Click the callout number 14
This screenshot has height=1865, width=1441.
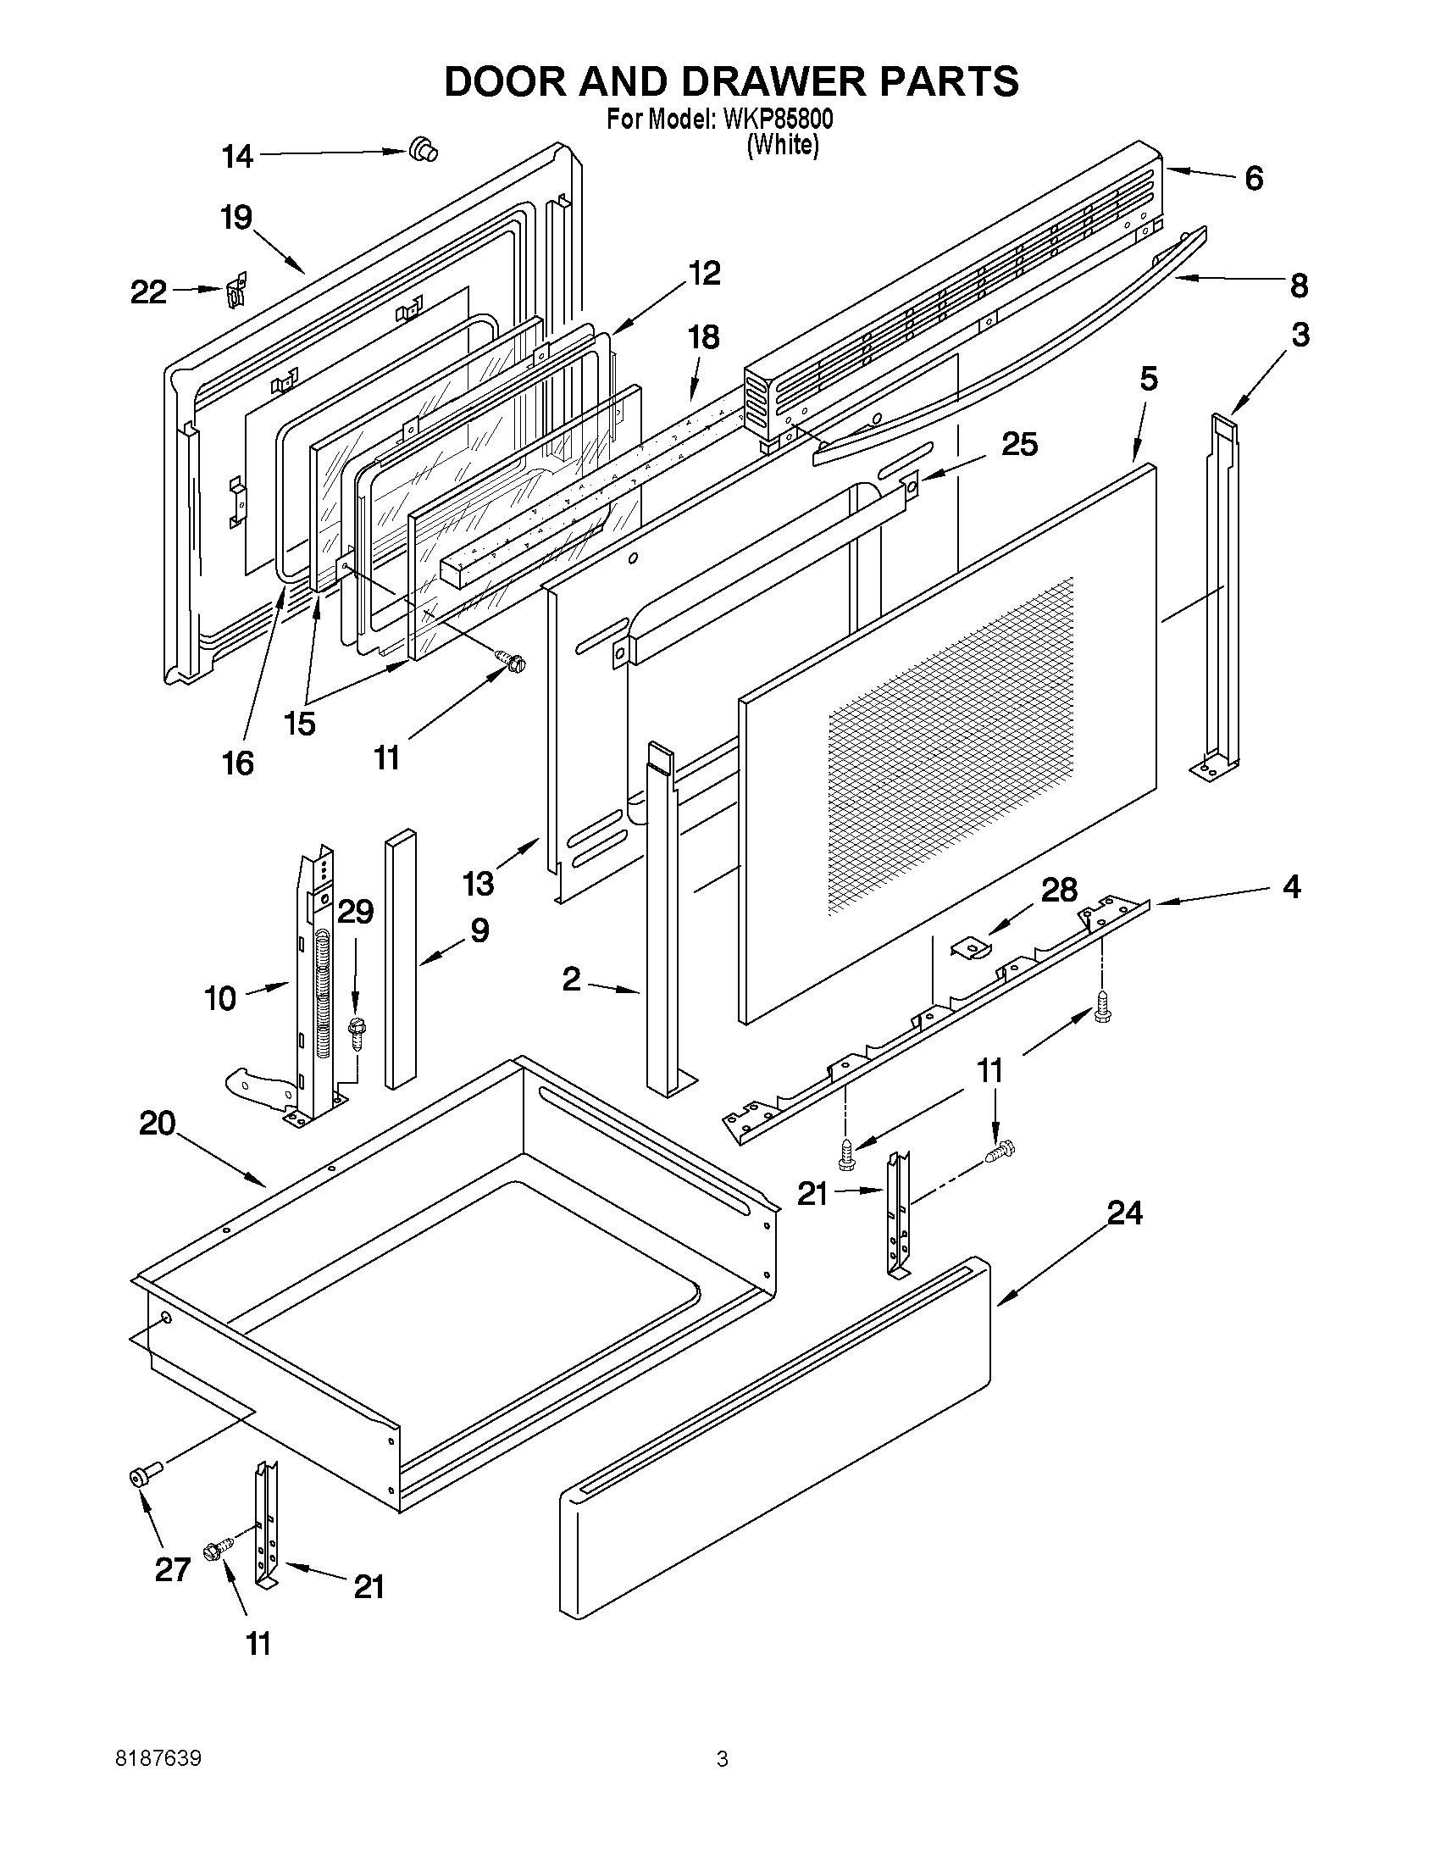click(237, 156)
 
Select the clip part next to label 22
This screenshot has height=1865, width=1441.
click(236, 290)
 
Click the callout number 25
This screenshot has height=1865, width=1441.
click(1019, 444)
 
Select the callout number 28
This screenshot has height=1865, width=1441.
click(1059, 890)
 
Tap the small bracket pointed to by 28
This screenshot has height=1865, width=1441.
click(968, 947)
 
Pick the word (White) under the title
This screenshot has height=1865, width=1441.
click(783, 145)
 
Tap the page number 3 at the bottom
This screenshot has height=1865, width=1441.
click(723, 1759)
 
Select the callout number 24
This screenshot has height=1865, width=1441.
click(1124, 1212)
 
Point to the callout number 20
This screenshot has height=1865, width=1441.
click(157, 1124)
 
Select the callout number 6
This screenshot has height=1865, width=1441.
click(1253, 179)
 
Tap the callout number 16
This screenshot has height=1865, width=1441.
click(238, 763)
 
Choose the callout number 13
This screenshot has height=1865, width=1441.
click(479, 883)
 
